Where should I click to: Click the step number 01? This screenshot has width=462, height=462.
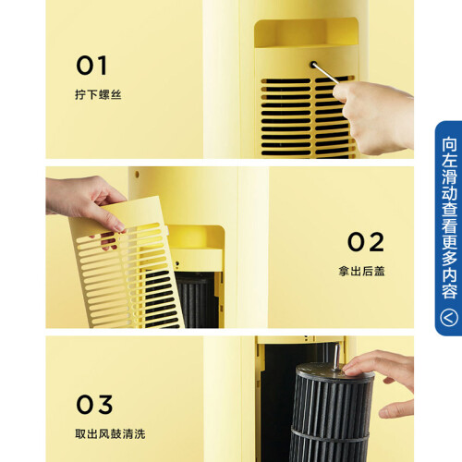[x=91, y=66]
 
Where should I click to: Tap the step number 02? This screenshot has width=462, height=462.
[x=366, y=242]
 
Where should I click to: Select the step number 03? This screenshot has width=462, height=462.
[x=94, y=405]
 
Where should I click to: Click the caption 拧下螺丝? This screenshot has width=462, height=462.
[x=98, y=94]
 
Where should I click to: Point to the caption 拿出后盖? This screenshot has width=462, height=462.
[x=361, y=271]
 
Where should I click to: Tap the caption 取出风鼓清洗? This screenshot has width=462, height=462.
[x=110, y=434]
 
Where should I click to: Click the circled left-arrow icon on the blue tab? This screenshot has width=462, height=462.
[x=449, y=318]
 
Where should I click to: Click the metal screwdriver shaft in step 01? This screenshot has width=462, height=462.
[x=324, y=73]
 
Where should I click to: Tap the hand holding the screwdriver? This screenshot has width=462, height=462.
[x=373, y=117]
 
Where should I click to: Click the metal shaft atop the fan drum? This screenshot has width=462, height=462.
[x=337, y=357]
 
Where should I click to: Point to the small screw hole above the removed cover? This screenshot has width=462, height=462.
[x=137, y=175]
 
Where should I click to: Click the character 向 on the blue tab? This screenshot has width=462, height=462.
[x=449, y=144]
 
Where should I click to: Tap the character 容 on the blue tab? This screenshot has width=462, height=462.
[x=449, y=291]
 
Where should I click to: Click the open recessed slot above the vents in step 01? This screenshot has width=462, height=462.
[x=307, y=32]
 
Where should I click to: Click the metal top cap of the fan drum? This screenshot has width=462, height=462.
[x=335, y=371]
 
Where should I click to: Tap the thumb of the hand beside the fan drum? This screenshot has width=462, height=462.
[x=395, y=408]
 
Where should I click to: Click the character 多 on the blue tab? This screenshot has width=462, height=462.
[x=449, y=259]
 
